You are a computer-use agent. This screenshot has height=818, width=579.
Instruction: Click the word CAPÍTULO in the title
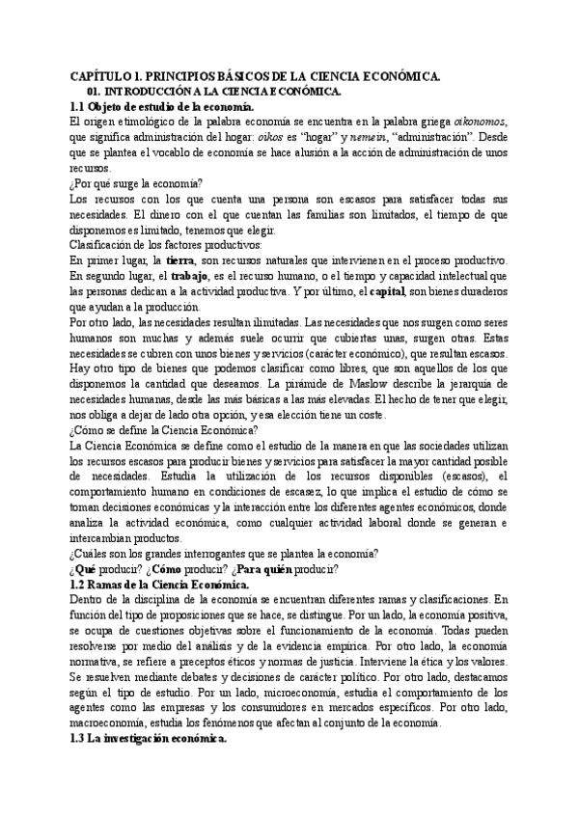point(97,76)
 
